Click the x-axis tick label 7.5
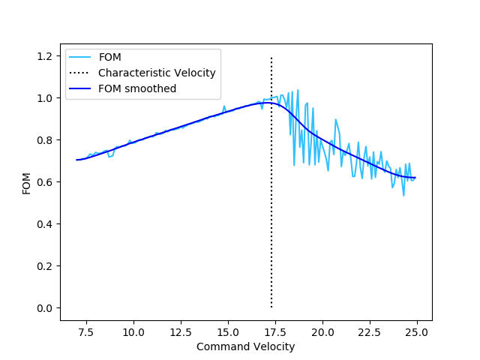point(86,331)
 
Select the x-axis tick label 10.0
point(133,331)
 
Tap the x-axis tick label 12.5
point(181,331)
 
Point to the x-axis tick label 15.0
point(228,331)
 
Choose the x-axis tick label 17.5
point(275,331)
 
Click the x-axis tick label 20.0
point(322,331)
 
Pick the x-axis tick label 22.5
point(370,331)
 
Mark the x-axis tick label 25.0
point(417,331)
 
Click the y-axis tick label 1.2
point(46,56)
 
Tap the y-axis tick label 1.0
point(46,98)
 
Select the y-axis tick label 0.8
point(46,140)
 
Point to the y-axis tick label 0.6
point(46,182)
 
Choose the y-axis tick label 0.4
point(46,224)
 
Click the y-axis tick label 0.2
point(46,266)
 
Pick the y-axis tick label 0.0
point(46,308)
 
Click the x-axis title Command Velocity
point(245,346)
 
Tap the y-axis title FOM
point(27,182)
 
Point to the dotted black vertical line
point(271,225)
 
